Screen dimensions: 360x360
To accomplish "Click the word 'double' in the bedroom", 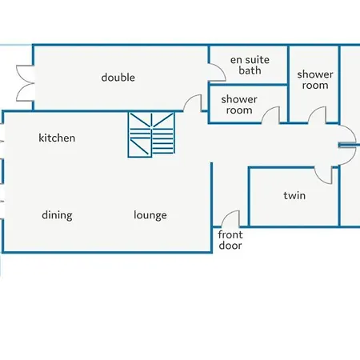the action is [118, 78].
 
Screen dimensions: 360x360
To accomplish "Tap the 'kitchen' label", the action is [57, 138].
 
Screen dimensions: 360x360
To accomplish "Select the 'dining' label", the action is [57, 215].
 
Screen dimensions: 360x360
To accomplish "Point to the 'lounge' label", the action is [150, 215].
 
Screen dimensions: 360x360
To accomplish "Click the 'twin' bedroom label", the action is [294, 195].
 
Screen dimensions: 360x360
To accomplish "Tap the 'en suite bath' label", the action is [250, 65].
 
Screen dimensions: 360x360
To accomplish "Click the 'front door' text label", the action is [230, 240].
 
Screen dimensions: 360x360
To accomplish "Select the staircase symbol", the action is [151, 134].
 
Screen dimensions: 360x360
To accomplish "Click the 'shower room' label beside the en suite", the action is [315, 80].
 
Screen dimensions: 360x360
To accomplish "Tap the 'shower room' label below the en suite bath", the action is [239, 105].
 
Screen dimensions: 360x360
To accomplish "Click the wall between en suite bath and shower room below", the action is [248, 85].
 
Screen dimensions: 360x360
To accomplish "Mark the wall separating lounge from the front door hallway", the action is [212, 207].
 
